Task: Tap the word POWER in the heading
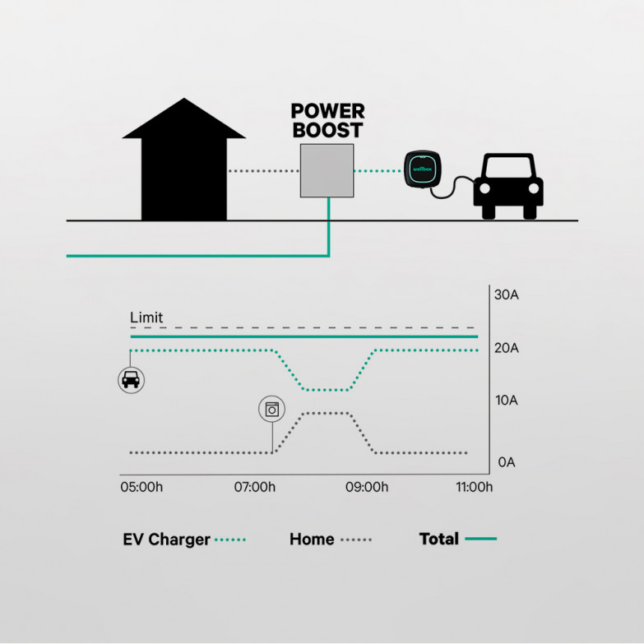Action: [328, 111]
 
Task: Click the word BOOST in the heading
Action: [328, 130]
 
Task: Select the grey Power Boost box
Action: [327, 170]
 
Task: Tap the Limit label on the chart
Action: [146, 317]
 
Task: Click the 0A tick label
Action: [507, 462]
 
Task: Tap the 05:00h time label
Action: [141, 488]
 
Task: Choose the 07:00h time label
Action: [255, 488]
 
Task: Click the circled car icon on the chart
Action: [131, 379]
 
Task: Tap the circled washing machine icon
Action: [272, 408]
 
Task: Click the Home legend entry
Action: [330, 540]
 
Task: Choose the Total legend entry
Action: [457, 540]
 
